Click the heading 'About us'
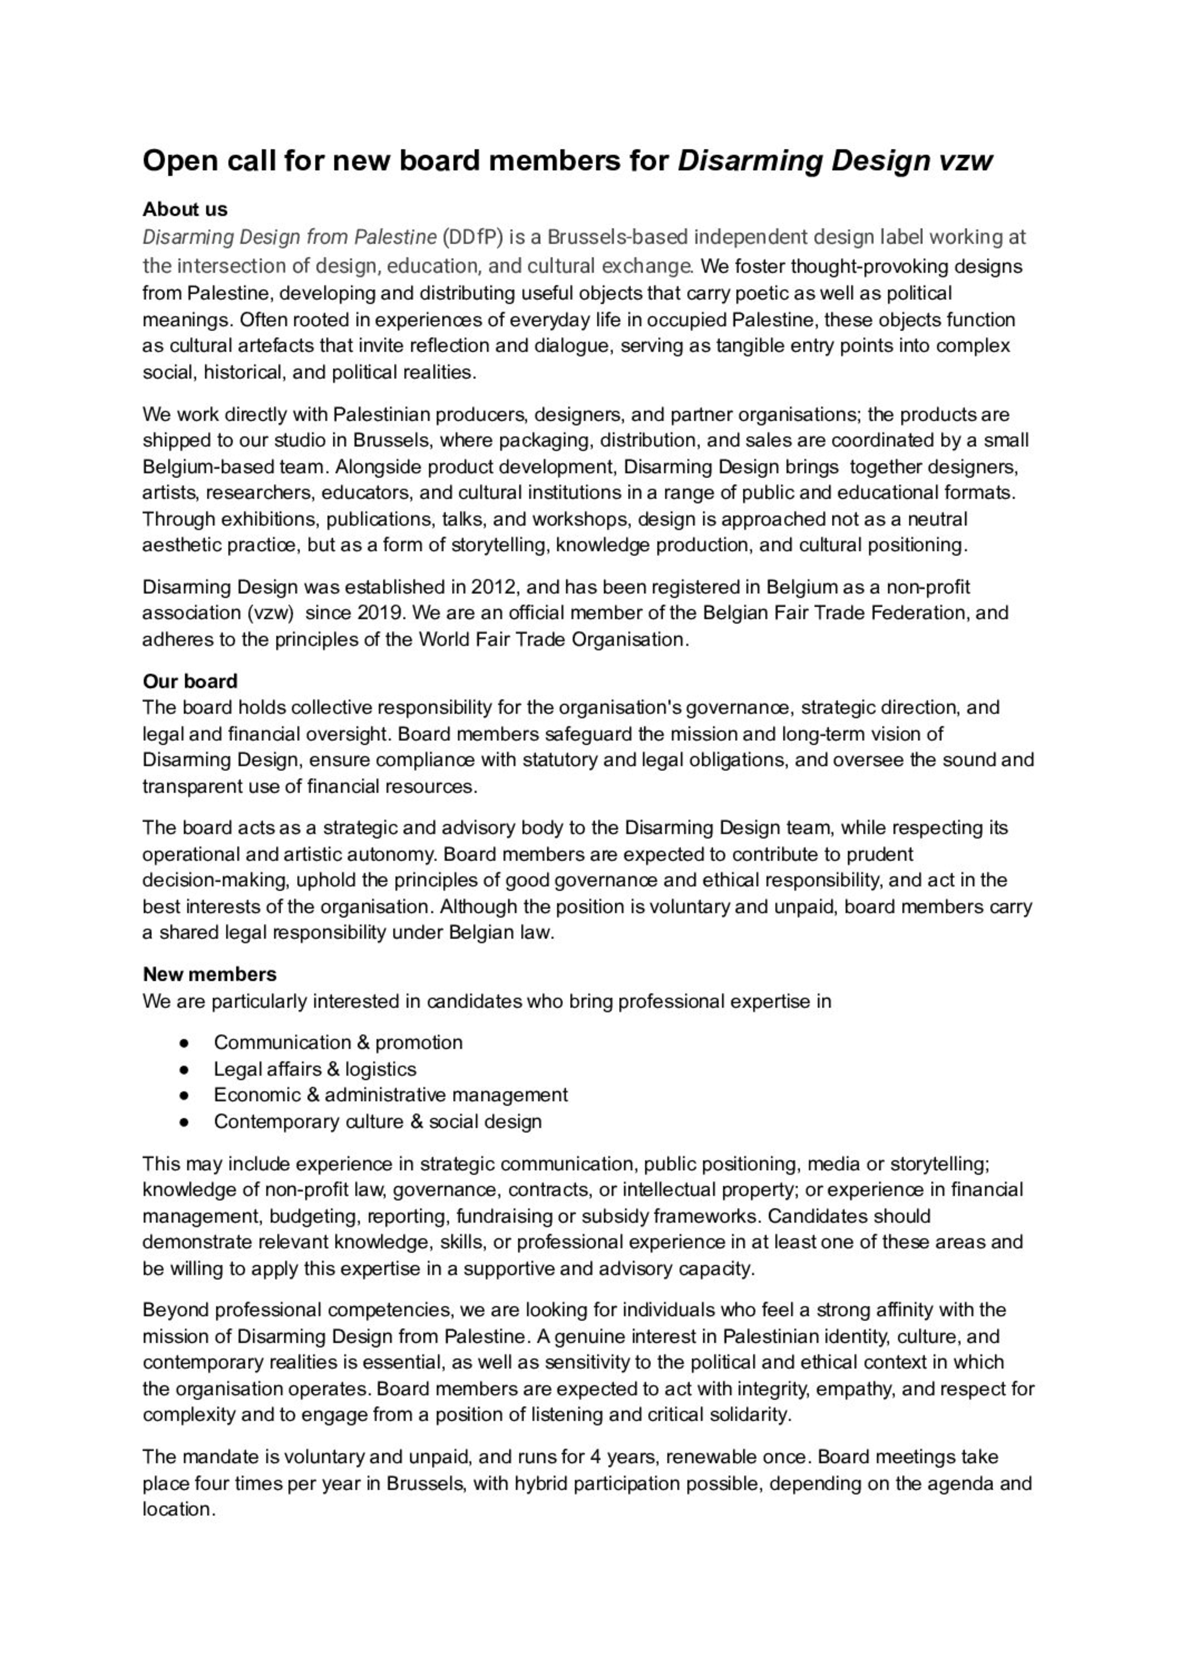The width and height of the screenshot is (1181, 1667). click(x=185, y=209)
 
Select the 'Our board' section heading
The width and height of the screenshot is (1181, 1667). click(x=190, y=681)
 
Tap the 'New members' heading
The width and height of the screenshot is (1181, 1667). click(x=209, y=974)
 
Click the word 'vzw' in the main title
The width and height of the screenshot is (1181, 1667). click(x=965, y=161)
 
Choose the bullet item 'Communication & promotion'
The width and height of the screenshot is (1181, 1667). click(x=337, y=1043)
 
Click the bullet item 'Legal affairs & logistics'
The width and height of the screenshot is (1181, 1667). click(x=314, y=1068)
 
